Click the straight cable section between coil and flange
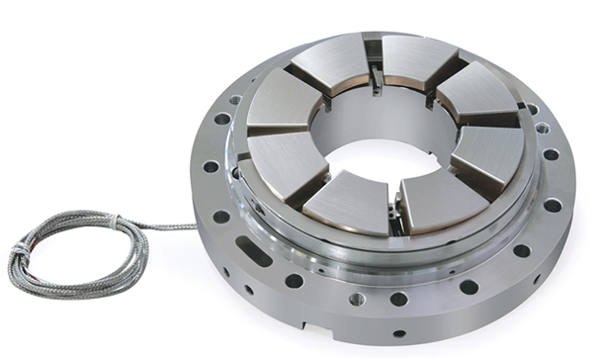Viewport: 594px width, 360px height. (168, 226)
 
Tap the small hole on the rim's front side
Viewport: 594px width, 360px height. (399, 334)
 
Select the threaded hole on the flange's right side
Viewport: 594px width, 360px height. (543, 128)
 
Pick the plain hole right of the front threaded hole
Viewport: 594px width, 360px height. (398, 299)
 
